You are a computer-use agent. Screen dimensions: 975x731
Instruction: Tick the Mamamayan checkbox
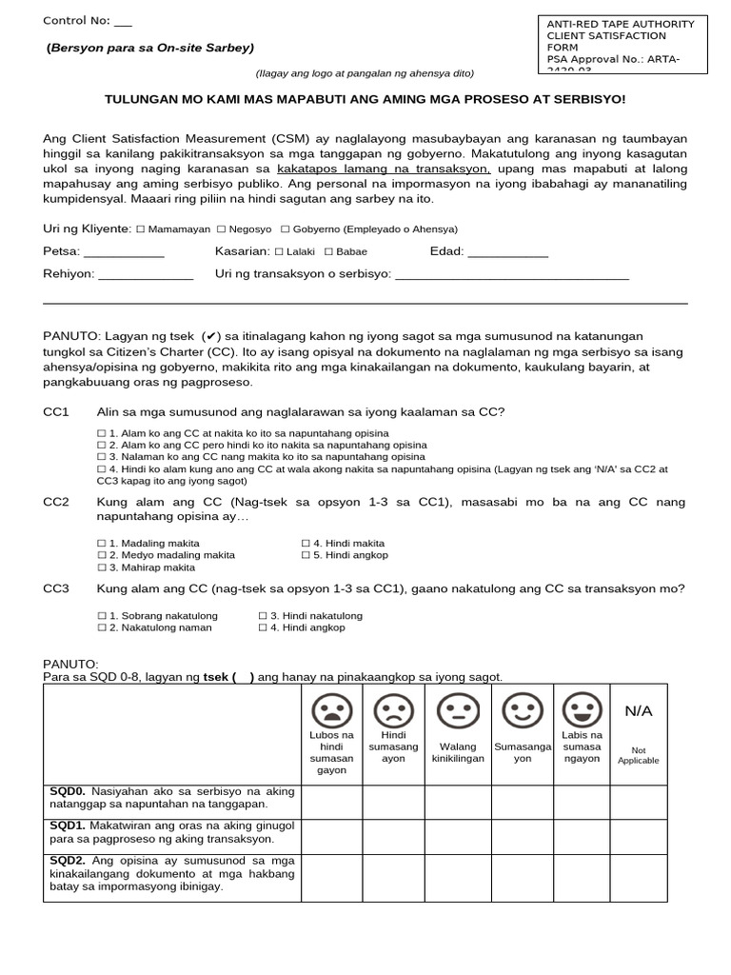point(140,229)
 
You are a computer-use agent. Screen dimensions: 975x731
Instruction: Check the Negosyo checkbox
point(221,229)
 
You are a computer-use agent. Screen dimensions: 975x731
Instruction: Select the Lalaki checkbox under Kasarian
point(278,252)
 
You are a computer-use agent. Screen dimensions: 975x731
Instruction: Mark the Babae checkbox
point(328,252)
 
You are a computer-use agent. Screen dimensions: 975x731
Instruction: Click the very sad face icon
point(331,708)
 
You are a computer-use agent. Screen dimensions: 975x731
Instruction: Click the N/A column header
point(638,712)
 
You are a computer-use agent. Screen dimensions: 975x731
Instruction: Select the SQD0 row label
point(68,791)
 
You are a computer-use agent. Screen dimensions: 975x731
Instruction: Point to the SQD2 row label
point(68,860)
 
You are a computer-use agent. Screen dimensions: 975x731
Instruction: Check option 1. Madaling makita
point(102,542)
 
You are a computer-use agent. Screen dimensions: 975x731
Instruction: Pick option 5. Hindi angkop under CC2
point(306,554)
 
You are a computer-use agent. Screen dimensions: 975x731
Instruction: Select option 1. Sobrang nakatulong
point(102,616)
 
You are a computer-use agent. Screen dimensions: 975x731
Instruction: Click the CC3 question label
point(57,588)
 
